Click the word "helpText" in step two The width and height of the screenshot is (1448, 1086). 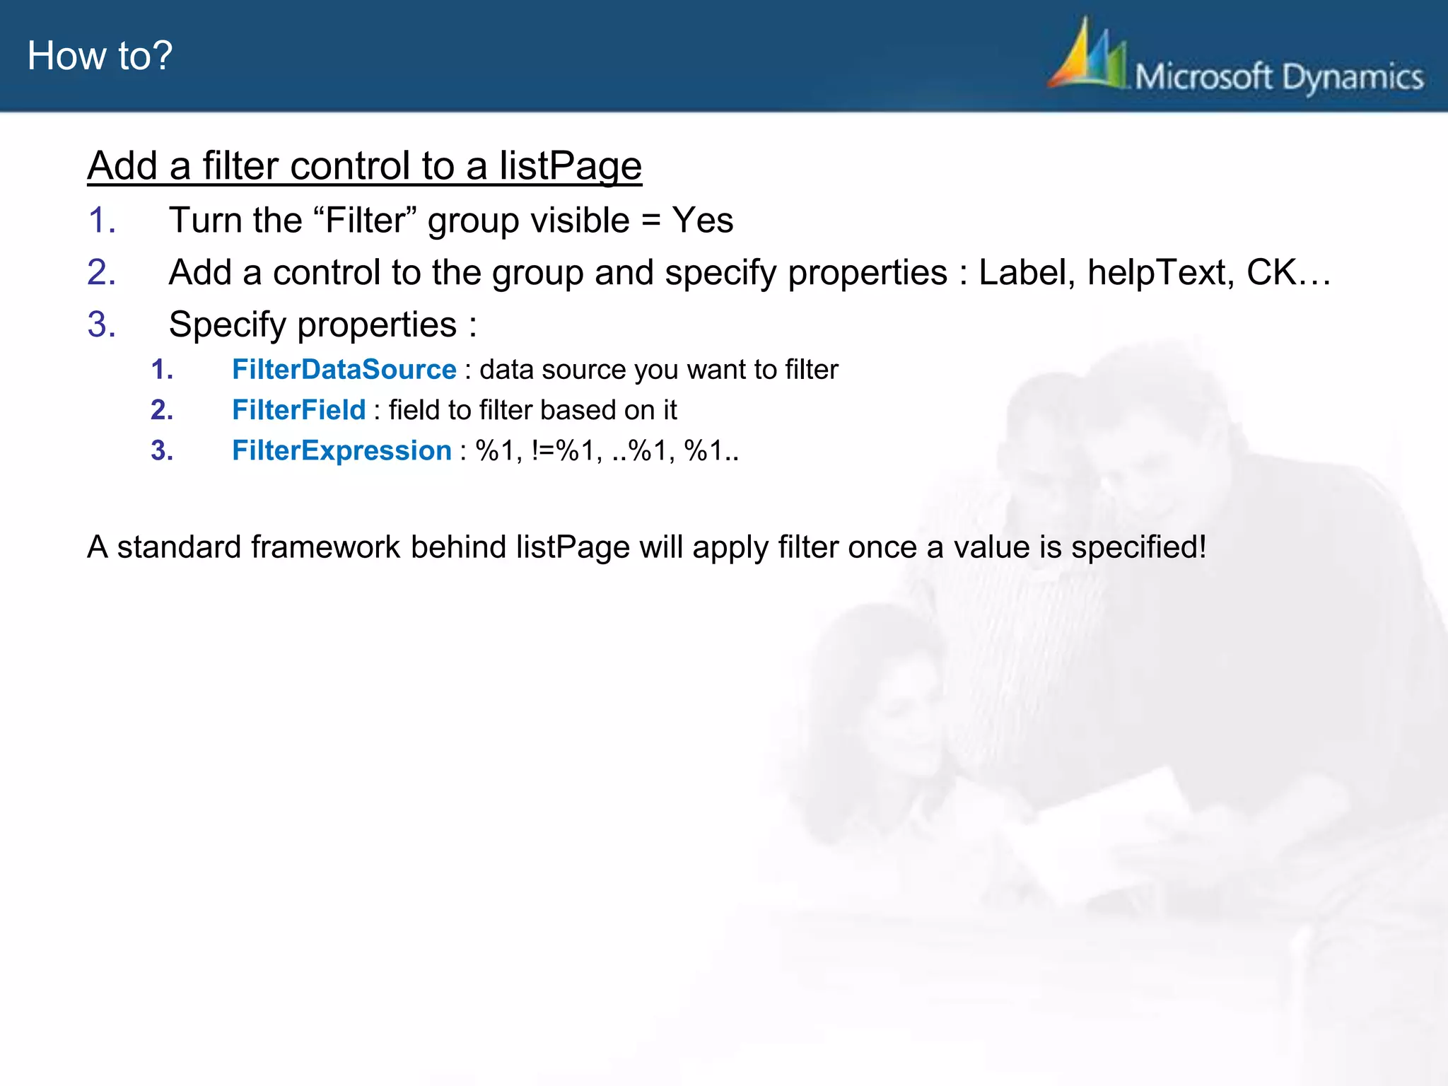coord(1160,272)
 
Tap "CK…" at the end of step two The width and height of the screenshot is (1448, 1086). coord(1288,272)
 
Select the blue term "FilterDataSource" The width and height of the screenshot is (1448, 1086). coord(344,369)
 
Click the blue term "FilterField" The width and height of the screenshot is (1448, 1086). coord(298,409)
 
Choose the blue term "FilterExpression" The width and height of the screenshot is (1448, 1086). coord(341,450)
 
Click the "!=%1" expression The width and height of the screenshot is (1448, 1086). coord(563,450)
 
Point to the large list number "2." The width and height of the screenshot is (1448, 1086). coord(102,272)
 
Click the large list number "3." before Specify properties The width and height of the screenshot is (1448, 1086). coord(102,325)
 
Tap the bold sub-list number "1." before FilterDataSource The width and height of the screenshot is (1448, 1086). coord(162,369)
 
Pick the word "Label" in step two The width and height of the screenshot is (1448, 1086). coord(1027,272)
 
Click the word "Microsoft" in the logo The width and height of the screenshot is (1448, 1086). coord(1203,76)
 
